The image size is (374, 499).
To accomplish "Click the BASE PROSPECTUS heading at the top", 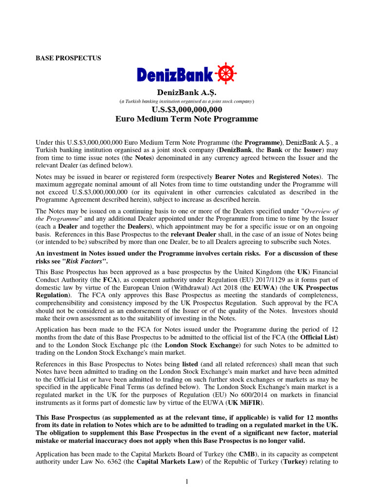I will click(69, 58).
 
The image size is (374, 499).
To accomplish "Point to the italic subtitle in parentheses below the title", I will click(187, 101).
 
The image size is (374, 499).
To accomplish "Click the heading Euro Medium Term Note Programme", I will click(187, 119).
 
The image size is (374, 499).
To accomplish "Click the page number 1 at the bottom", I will click(187, 481).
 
